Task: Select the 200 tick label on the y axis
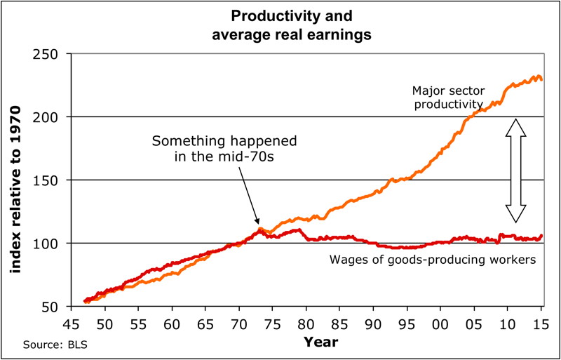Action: pos(50,117)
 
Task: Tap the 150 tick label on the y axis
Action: pos(50,180)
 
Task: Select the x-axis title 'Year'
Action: pos(320,342)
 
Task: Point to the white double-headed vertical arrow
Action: pos(516,171)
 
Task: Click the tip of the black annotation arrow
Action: pos(259,225)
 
